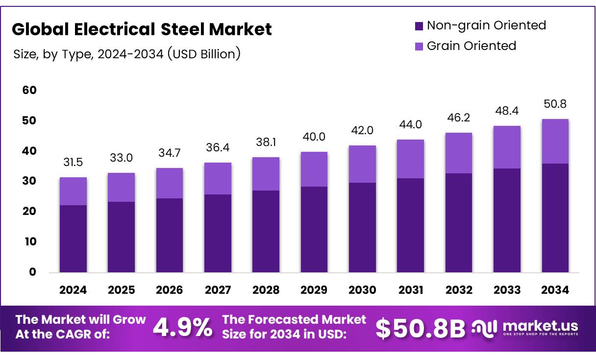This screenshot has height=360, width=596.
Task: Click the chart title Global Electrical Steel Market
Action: click(142, 29)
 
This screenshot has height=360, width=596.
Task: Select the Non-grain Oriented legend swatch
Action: click(419, 25)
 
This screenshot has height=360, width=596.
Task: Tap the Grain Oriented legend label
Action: click(472, 46)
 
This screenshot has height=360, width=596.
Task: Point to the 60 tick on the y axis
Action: click(29, 91)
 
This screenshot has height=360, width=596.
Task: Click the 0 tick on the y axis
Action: click(33, 272)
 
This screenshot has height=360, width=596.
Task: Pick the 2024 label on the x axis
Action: click(73, 290)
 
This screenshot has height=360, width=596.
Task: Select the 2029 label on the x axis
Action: click(314, 290)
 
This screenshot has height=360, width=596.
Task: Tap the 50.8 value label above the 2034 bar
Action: click(555, 104)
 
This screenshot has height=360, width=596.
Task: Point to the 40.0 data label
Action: click(314, 137)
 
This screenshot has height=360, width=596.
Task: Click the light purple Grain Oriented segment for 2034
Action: click(555, 141)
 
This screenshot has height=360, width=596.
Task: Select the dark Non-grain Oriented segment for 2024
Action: click(73, 239)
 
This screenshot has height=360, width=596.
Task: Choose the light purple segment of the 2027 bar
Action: click(218, 178)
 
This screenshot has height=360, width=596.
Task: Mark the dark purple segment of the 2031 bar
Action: click(411, 225)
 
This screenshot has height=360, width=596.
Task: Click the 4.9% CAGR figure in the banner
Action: click(183, 328)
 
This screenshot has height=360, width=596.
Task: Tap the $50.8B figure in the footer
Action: click(420, 328)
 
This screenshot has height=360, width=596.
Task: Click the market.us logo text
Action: click(540, 326)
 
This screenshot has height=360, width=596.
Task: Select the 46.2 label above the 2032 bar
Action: click(459, 119)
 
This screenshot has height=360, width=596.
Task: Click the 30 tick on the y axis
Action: click(29, 181)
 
